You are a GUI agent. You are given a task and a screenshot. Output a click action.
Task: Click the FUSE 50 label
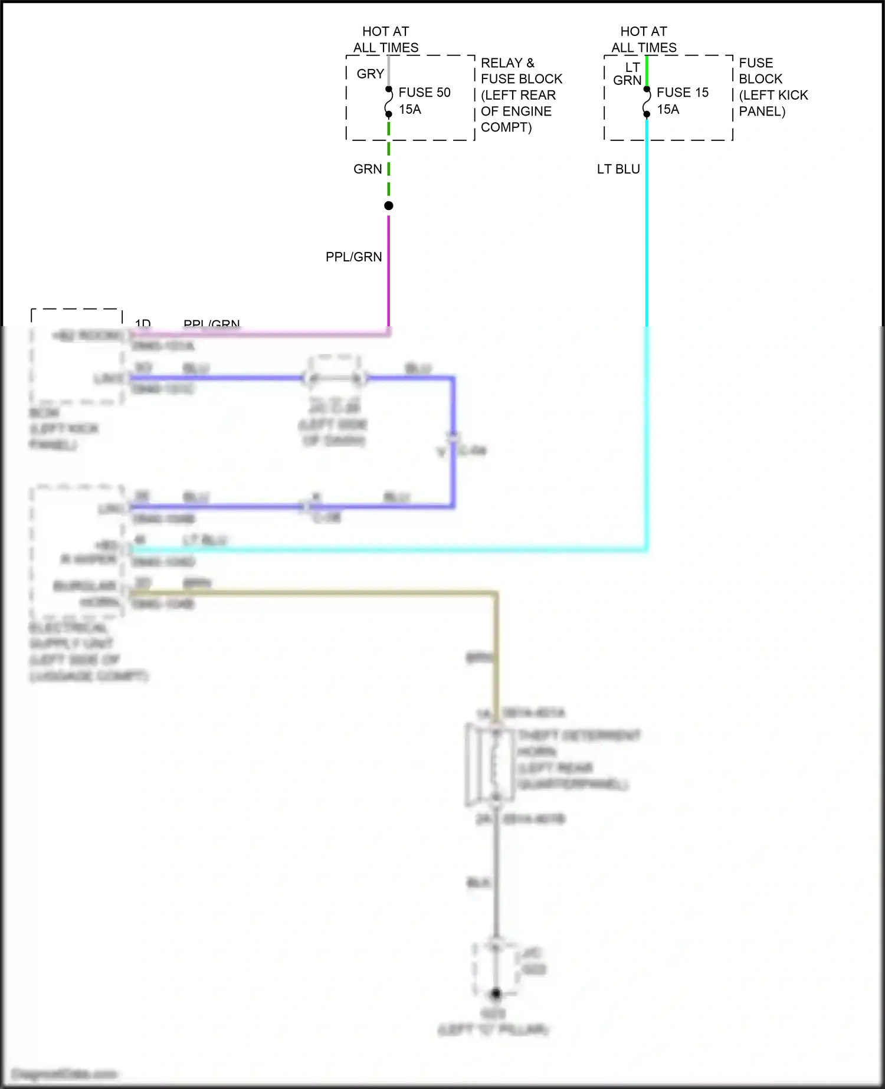click(424, 93)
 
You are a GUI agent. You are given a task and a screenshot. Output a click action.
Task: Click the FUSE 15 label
click(682, 93)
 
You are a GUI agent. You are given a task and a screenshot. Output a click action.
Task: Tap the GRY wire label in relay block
click(371, 74)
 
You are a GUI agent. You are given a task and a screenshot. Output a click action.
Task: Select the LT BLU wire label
click(618, 169)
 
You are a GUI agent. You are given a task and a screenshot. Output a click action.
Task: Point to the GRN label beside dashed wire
click(368, 169)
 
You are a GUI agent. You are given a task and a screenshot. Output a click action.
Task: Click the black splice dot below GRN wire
click(388, 206)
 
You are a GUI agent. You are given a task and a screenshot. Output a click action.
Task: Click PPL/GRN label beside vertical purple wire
click(354, 257)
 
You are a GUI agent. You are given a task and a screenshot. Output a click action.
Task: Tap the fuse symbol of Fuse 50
click(388, 102)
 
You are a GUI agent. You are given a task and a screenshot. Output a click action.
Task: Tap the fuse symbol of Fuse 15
click(647, 102)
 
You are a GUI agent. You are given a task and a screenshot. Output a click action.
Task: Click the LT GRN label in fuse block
click(628, 74)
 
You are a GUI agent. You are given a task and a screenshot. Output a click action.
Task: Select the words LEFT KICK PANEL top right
click(773, 103)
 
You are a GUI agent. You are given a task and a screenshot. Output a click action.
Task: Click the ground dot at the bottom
click(496, 993)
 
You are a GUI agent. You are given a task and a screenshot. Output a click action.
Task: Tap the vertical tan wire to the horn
click(497, 655)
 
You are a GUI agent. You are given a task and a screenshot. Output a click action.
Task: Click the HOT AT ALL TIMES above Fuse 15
click(644, 40)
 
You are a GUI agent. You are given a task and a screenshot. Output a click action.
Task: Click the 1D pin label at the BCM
click(143, 323)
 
